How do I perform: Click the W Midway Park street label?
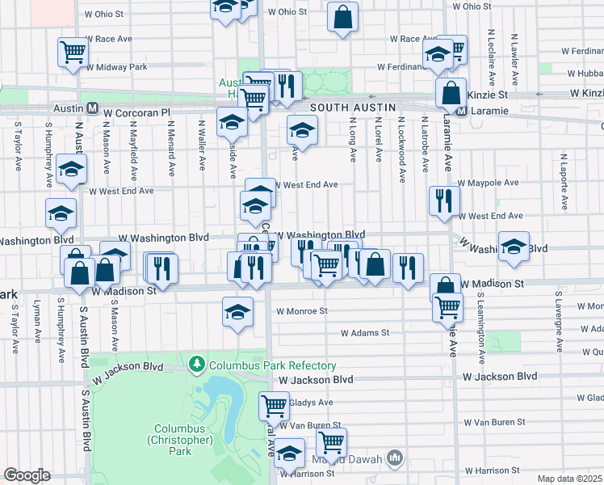pos(117,66)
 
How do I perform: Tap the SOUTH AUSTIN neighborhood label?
pos(352,107)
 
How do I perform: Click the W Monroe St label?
pos(300,310)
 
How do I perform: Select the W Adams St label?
pos(365,332)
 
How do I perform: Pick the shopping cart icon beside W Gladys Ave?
pos(274,404)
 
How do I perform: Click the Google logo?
pos(27,475)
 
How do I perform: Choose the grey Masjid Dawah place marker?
pos(395,459)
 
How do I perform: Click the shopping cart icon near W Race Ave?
pos(73,51)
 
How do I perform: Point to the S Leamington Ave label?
pos(480,327)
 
